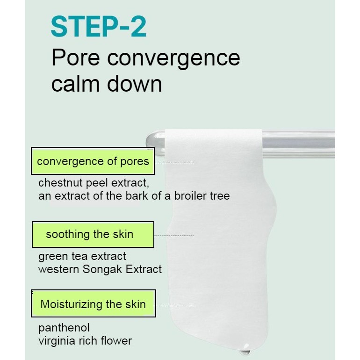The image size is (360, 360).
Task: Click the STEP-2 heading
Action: (x=99, y=26)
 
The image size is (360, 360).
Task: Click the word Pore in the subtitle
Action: (x=76, y=58)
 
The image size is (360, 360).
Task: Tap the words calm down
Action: (x=107, y=84)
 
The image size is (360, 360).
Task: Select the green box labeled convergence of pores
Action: (x=93, y=161)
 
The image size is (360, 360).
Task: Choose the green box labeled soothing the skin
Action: (x=93, y=234)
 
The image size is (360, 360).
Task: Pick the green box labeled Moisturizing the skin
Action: (x=94, y=303)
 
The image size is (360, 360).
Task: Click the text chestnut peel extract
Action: (x=94, y=183)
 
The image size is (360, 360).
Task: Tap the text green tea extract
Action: (x=82, y=256)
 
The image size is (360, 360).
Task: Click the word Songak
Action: (x=102, y=269)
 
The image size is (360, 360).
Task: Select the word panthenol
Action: (x=64, y=328)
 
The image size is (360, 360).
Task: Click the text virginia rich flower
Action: (x=85, y=341)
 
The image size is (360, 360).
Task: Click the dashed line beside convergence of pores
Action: (x=174, y=163)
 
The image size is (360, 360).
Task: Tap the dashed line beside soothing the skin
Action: (x=174, y=236)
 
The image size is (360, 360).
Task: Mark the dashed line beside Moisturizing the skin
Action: (x=174, y=306)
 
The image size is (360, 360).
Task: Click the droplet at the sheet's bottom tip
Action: (x=245, y=351)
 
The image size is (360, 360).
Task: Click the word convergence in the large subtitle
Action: (x=173, y=58)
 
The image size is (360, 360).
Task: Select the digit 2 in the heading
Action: (x=139, y=26)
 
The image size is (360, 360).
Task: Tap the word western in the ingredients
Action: (x=58, y=269)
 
